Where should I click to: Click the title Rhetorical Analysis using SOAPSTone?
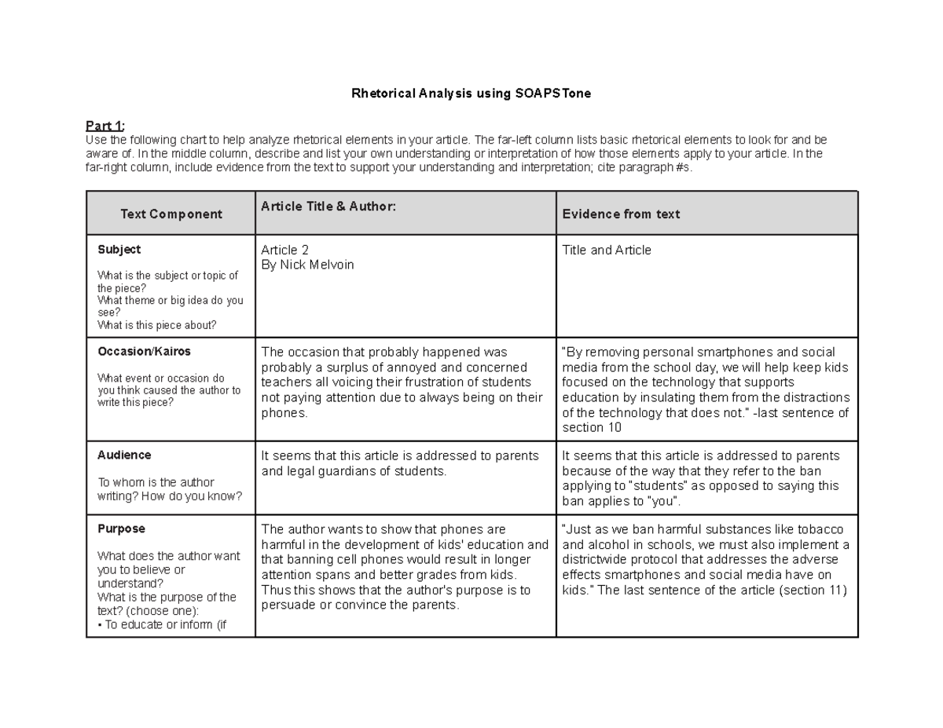471,93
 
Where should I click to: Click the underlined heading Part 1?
105,126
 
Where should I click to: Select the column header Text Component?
171,214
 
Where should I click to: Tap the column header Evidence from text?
621,214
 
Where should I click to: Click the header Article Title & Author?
328,206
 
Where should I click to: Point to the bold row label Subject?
119,250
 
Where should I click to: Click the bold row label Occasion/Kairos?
144,352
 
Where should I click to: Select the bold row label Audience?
124,455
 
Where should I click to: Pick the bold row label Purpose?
121,529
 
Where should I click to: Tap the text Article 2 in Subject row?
284,251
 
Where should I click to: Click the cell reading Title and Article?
607,251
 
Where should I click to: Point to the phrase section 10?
592,428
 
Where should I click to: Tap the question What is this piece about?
156,325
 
